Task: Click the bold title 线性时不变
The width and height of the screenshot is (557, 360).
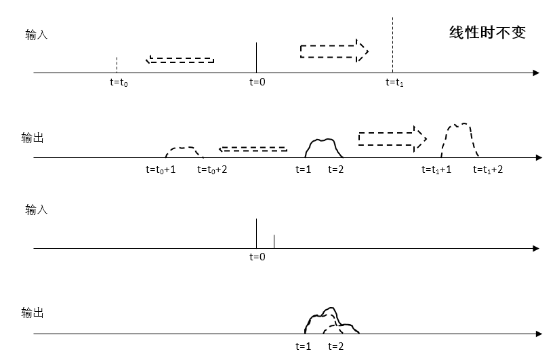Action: (x=488, y=32)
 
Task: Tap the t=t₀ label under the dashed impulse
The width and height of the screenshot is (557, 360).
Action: (x=119, y=83)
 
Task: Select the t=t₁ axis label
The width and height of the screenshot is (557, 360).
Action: (x=394, y=83)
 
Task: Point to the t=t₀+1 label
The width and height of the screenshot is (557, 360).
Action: (x=161, y=169)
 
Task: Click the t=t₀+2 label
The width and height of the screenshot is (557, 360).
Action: (x=212, y=169)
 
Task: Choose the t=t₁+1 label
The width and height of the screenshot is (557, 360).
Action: (x=436, y=169)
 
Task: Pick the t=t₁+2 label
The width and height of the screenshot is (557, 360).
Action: (x=488, y=169)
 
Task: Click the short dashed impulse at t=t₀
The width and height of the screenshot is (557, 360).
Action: (x=117, y=64)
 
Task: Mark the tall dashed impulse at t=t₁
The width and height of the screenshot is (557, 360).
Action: (x=392, y=44)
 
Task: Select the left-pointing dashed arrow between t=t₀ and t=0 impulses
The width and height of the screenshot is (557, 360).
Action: (x=180, y=60)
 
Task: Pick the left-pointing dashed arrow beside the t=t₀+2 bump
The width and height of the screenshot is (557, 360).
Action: (x=253, y=149)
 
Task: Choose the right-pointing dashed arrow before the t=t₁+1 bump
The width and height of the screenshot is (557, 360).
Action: (x=392, y=138)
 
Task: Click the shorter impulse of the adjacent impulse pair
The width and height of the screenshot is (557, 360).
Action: (x=274, y=241)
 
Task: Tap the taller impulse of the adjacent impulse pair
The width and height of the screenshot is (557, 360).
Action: (x=256, y=233)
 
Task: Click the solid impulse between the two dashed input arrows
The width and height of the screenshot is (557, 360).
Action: (x=256, y=57)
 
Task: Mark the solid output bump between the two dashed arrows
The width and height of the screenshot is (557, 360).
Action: (x=323, y=148)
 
